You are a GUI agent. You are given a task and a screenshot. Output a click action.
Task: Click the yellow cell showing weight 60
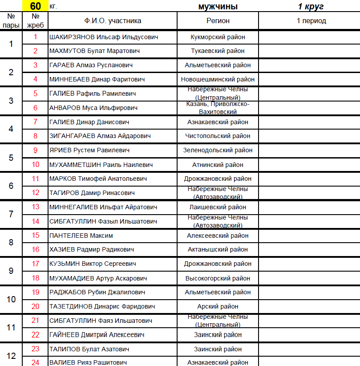(x=36, y=6)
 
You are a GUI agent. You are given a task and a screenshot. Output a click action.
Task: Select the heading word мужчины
(x=218, y=6)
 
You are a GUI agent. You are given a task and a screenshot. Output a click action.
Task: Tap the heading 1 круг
(x=311, y=6)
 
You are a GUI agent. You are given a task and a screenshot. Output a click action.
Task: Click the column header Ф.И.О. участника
(x=113, y=20)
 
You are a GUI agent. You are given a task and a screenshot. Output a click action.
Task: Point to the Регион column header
(x=218, y=20)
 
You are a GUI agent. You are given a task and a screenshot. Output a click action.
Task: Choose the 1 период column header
(x=311, y=20)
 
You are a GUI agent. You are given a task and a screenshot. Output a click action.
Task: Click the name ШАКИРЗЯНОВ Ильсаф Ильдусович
(x=104, y=37)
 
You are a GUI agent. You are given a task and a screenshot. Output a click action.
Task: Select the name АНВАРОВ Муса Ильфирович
(x=93, y=108)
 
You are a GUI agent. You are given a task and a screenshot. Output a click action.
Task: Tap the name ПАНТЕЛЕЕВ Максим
(x=81, y=236)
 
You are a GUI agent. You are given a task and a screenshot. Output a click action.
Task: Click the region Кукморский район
(x=218, y=37)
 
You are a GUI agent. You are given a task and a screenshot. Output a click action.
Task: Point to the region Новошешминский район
(x=218, y=79)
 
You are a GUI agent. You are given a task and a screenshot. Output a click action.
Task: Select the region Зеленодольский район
(x=218, y=150)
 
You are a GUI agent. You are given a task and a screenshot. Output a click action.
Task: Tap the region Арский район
(x=218, y=306)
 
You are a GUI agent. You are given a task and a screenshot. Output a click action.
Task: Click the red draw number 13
(x=36, y=207)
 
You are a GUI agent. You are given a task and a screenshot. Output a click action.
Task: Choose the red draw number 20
(x=36, y=306)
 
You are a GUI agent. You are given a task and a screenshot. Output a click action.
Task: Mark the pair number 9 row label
(x=11, y=271)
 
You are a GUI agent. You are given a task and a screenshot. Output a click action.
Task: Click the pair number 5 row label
(x=11, y=158)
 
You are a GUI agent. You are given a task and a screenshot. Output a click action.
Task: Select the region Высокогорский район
(x=218, y=278)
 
